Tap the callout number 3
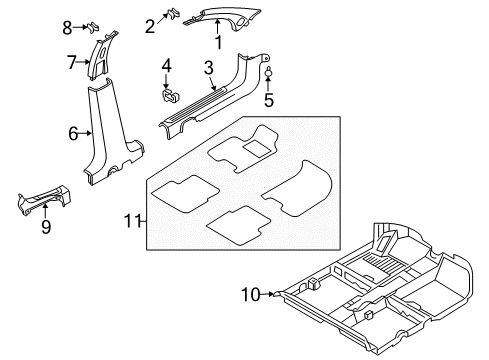click(208, 67)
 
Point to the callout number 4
click(167, 66)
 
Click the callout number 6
click(73, 132)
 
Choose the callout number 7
click(71, 62)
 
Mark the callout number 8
click(68, 26)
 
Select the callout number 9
click(45, 226)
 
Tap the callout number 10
click(251, 294)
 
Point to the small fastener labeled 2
click(171, 14)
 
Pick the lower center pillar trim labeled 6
click(105, 140)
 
